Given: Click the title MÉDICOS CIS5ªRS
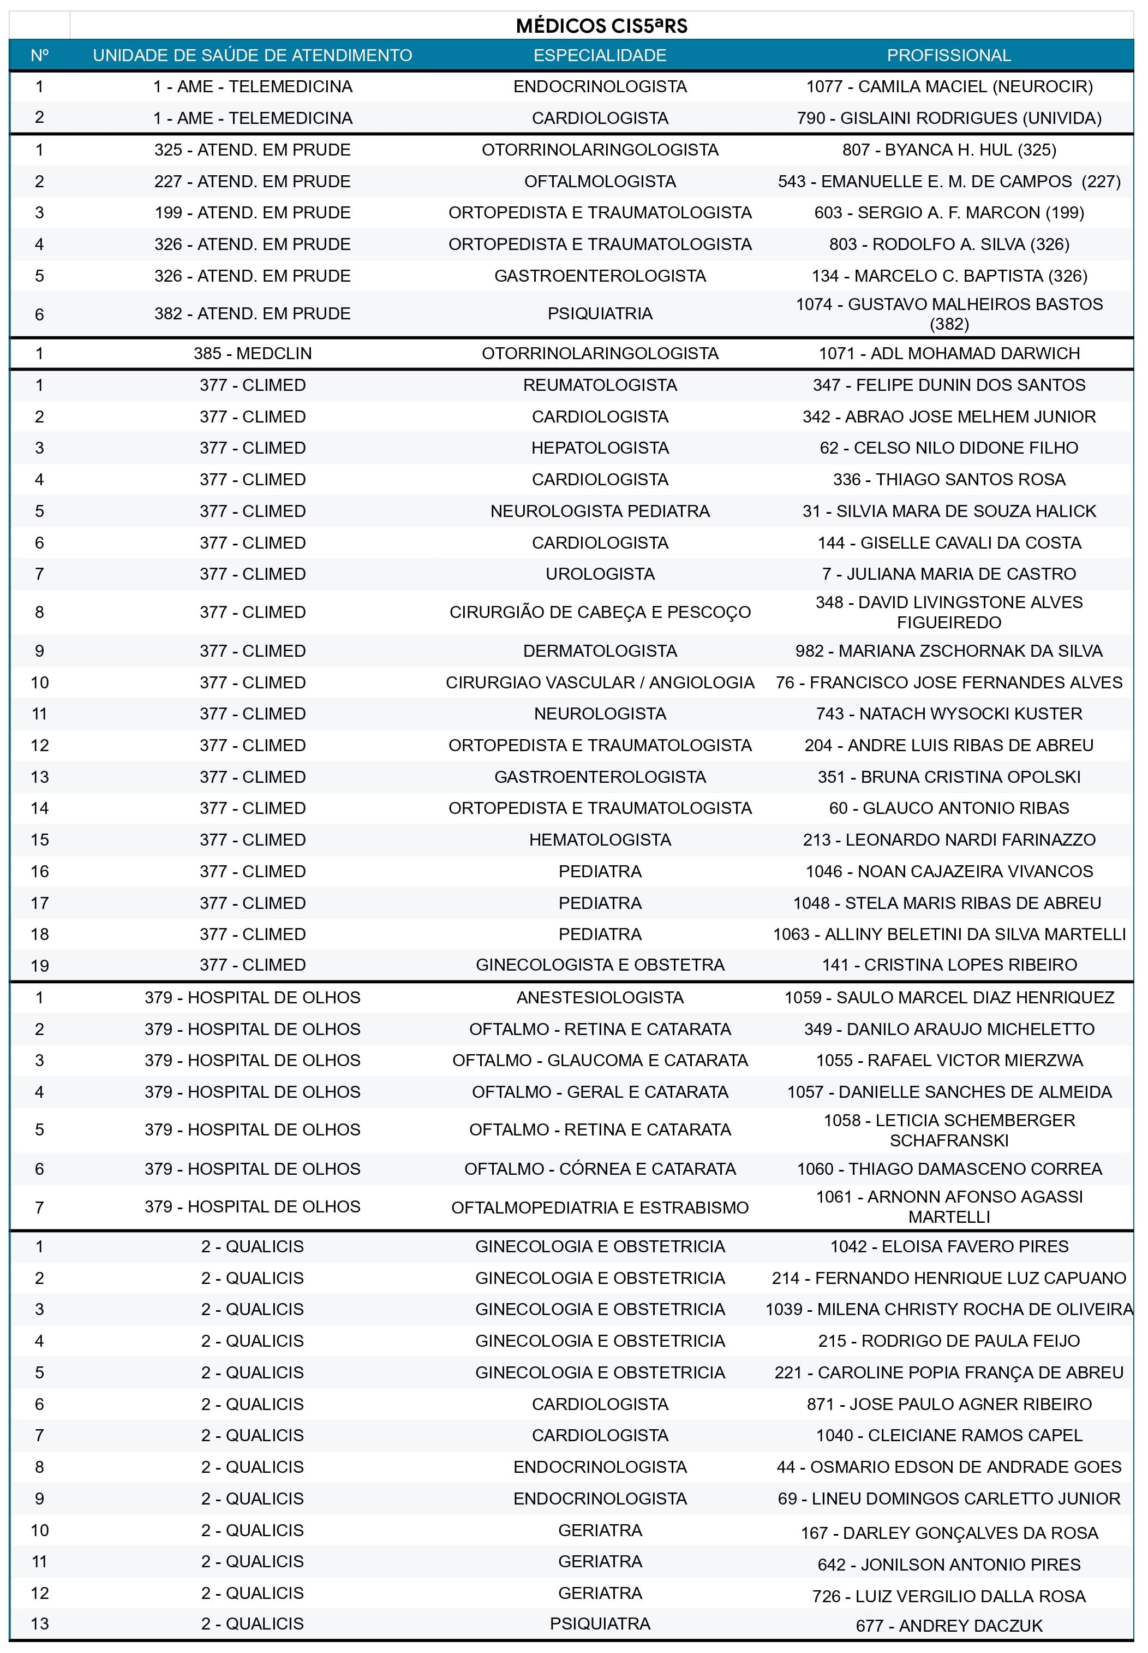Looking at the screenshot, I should point(601,26).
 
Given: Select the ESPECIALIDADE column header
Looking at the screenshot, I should point(600,56).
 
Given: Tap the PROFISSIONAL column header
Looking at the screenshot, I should point(948,56).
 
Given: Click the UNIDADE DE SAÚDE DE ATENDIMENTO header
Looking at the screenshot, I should point(253,56).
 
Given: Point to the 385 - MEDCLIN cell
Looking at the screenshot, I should point(253,353).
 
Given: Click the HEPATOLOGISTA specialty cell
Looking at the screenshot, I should point(600,448).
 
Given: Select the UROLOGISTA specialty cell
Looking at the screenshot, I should point(600,574).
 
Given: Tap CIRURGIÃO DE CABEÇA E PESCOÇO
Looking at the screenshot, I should point(600,613).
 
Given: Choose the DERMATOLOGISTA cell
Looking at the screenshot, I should point(600,651).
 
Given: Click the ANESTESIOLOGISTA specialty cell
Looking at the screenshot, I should point(600,997).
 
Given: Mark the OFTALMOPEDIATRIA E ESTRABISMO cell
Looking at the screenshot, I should point(600,1207).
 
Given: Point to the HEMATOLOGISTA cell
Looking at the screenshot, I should point(600,840).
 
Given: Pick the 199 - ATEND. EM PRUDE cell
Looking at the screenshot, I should point(253,213).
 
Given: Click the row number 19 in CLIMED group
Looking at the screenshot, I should point(40,966).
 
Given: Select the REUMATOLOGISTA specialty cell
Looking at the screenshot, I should point(600,385).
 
